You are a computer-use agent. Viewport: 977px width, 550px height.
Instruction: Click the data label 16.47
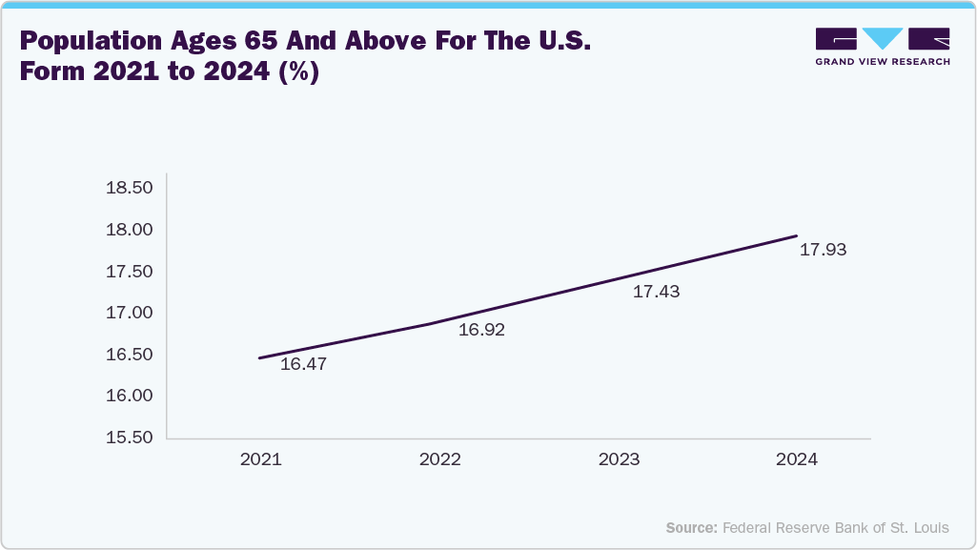(x=304, y=364)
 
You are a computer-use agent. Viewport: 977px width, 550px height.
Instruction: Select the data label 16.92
(x=481, y=331)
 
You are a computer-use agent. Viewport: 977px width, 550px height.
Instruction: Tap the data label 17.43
(x=656, y=292)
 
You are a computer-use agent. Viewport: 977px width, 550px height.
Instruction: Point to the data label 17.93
(x=823, y=251)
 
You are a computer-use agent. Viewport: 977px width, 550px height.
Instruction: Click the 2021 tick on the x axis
(x=260, y=459)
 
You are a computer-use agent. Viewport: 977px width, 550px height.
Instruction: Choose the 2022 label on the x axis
(x=439, y=459)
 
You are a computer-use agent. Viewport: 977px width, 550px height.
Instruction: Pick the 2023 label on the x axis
(x=619, y=459)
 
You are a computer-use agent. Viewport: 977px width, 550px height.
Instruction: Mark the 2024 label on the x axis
(x=797, y=459)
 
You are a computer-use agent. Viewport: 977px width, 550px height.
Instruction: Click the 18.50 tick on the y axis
(x=130, y=189)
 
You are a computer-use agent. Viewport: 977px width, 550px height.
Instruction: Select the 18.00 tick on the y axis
(x=130, y=230)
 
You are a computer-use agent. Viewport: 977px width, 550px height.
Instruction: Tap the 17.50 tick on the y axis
(x=130, y=272)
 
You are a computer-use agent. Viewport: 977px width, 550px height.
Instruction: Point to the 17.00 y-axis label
(x=130, y=313)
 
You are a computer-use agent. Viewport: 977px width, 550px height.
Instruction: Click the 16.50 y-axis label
(x=130, y=355)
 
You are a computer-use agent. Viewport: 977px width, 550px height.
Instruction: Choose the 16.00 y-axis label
(x=130, y=396)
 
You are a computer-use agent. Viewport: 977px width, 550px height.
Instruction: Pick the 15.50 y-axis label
(x=130, y=438)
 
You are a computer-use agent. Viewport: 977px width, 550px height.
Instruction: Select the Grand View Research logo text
(x=883, y=61)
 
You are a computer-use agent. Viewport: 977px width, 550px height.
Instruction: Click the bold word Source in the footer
(x=691, y=527)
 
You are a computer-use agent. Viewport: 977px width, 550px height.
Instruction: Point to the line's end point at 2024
(x=797, y=235)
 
